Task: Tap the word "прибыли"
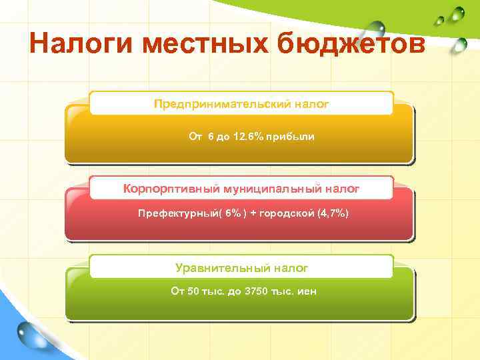pyautogui.click(x=290, y=137)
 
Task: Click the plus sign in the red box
pyautogui.click(x=253, y=213)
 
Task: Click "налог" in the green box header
pyautogui.click(x=291, y=267)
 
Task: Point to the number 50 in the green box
pyautogui.click(x=193, y=291)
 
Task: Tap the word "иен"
pyautogui.click(x=307, y=291)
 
